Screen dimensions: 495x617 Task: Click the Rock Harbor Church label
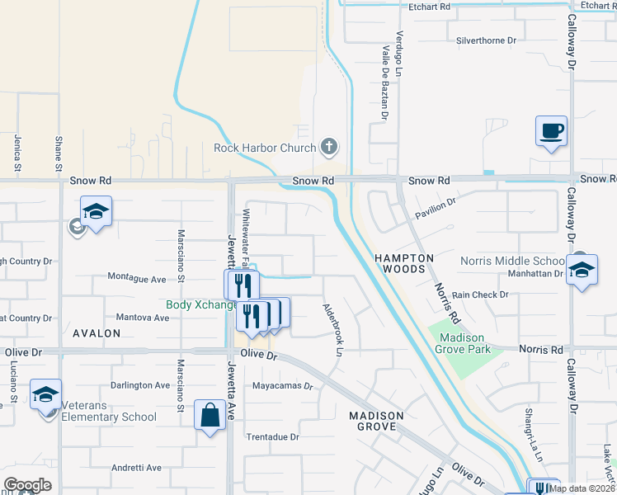click(265, 148)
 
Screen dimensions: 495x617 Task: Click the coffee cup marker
click(552, 130)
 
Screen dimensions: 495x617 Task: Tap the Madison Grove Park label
click(465, 343)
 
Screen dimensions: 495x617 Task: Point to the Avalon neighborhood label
click(97, 333)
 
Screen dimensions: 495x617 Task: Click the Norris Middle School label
click(511, 260)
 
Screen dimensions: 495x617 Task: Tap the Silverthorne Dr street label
click(486, 40)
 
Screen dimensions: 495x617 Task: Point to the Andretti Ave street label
click(137, 468)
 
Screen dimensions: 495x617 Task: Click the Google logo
click(27, 485)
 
